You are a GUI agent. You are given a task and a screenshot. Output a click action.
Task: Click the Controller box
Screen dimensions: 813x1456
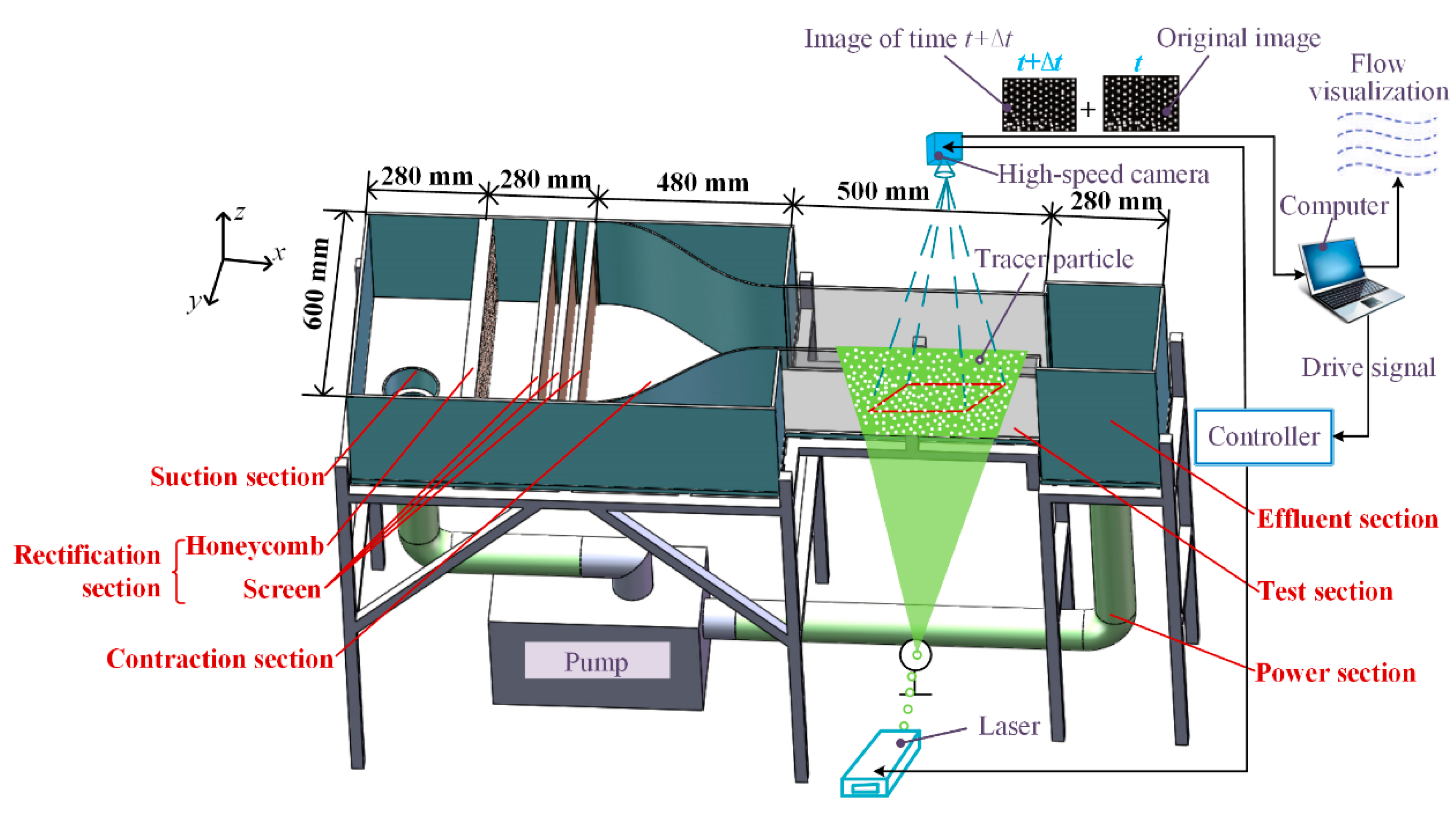click(x=1263, y=437)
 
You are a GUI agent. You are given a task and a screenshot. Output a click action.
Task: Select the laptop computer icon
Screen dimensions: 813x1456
click(x=1348, y=280)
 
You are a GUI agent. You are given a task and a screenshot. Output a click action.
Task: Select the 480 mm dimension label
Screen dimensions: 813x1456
click(x=703, y=182)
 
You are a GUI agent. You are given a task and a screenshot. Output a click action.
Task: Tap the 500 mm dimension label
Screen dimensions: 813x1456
click(x=883, y=191)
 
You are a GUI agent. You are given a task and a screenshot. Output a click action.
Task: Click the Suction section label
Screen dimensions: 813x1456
click(x=237, y=477)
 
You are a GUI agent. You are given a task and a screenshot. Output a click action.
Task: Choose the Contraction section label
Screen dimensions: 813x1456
click(x=220, y=659)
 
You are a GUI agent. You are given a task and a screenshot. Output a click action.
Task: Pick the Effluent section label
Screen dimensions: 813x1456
click(x=1347, y=519)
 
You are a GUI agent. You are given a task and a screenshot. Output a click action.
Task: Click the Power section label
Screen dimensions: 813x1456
click(x=1335, y=673)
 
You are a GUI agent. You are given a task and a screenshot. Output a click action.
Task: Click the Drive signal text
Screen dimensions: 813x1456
click(x=1368, y=368)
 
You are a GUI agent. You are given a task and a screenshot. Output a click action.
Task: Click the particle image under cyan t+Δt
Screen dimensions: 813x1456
click(x=1039, y=105)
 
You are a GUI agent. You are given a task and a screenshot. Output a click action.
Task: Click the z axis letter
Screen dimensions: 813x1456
click(x=240, y=212)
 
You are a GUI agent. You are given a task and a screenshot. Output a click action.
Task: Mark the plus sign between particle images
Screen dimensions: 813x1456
click(x=1087, y=109)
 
